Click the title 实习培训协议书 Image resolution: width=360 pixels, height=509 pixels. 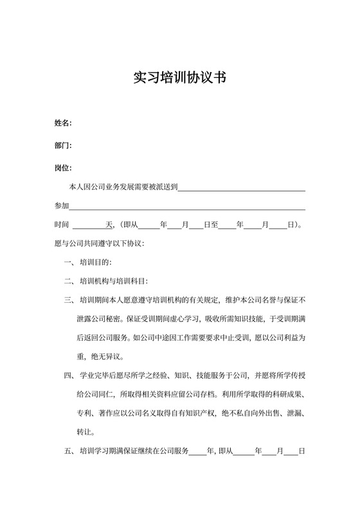[179, 78]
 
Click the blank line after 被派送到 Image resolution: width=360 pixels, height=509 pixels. [241, 188]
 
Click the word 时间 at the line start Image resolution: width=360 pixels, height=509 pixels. [61, 226]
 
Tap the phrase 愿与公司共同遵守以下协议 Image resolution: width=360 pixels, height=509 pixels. [99, 244]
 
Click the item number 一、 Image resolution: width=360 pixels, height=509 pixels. [70, 263]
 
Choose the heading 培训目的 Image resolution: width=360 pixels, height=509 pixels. [95, 263]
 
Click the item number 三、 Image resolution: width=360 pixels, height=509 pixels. [70, 300]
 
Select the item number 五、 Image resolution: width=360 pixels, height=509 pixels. [70, 451]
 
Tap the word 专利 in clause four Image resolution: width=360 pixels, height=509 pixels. [84, 413]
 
